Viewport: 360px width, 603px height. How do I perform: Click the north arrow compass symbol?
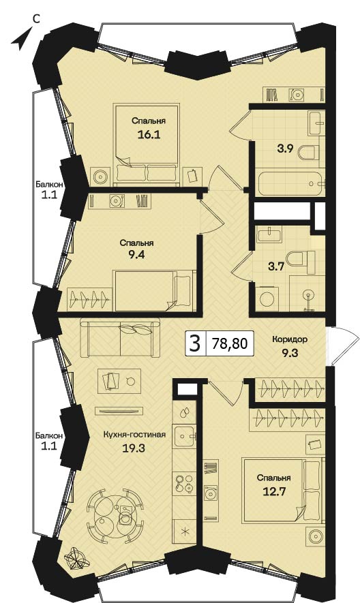(20, 41)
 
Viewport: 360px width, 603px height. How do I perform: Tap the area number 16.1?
(149, 135)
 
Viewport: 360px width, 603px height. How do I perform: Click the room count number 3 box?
(195, 343)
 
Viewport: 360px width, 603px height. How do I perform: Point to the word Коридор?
(290, 339)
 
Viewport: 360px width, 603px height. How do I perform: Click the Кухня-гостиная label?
(134, 435)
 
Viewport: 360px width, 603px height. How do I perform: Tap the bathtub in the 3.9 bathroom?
(292, 184)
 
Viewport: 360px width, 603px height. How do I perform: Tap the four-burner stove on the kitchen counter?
(184, 483)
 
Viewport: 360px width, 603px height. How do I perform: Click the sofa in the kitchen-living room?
(120, 338)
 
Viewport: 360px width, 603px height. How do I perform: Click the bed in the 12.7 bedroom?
(283, 491)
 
